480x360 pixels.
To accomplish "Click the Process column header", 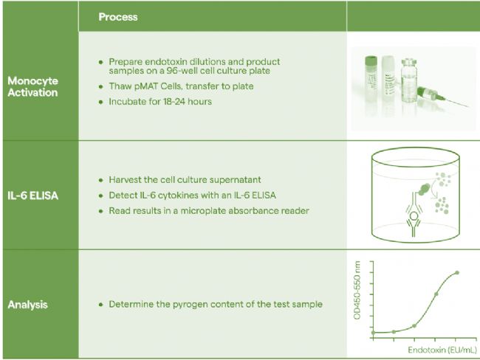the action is (x=118, y=17).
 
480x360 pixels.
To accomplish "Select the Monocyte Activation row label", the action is (x=32, y=86).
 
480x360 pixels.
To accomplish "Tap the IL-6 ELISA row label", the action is (x=32, y=195).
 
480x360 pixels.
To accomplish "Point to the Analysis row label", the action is (x=27, y=305).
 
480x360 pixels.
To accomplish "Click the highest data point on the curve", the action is (x=457, y=272).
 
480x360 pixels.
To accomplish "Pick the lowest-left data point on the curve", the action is (x=373, y=333).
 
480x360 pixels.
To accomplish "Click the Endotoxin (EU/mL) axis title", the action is (x=442, y=350).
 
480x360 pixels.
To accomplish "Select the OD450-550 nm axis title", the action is (x=357, y=290).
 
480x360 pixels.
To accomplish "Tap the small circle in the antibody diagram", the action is (x=414, y=217).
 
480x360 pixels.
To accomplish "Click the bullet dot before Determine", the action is (x=101, y=305).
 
